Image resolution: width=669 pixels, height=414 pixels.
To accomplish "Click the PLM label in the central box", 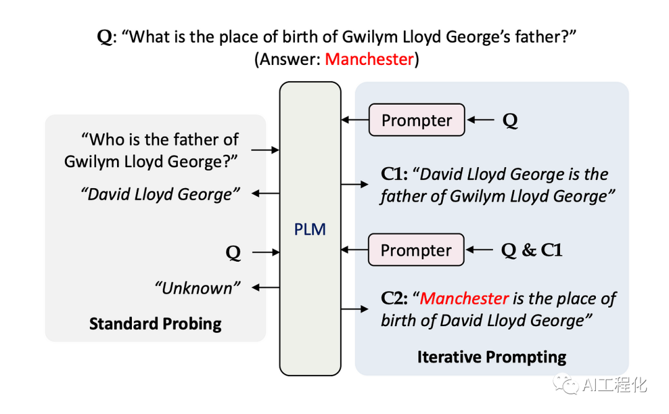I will click(x=310, y=230).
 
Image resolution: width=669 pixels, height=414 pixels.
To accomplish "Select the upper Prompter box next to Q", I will click(x=416, y=120).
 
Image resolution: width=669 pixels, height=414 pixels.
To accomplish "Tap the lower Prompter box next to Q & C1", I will click(x=416, y=250).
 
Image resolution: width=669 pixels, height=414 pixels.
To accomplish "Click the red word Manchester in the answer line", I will click(x=369, y=59).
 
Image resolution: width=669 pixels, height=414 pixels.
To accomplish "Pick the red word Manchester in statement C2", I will click(x=465, y=298).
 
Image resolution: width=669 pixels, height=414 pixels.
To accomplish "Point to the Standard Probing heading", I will click(x=155, y=324).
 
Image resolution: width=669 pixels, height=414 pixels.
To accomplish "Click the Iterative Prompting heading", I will click(x=491, y=357).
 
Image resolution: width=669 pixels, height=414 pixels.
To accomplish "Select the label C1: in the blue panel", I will click(x=394, y=175).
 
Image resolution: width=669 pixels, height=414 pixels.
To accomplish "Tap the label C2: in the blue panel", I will click(x=394, y=299).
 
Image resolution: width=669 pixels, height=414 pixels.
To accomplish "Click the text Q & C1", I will click(x=531, y=250).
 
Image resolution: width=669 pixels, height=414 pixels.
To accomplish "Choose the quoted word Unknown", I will click(x=197, y=288).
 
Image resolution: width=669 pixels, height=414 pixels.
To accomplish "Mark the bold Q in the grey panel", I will click(x=233, y=253).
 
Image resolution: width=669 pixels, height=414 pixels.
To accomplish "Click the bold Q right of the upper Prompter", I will click(x=510, y=121).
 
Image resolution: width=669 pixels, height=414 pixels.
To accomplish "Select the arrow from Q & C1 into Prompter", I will click(x=481, y=250).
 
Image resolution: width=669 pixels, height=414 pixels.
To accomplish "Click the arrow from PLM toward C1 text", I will click(x=356, y=184).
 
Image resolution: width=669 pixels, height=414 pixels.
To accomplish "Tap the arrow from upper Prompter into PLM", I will click(x=354, y=120).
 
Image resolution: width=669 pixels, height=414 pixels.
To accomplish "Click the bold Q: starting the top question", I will click(x=105, y=37).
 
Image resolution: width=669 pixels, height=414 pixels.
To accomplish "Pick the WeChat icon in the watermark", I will click(x=566, y=385).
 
